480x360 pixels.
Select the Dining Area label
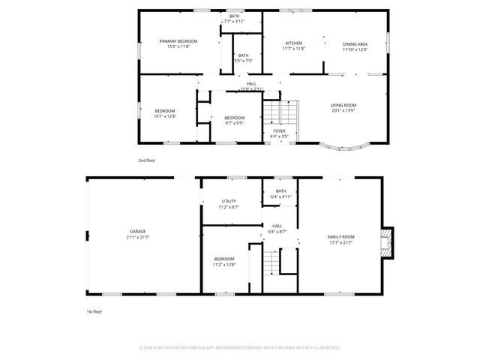point(355,43)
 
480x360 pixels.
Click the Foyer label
point(279,130)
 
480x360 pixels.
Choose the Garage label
point(137,231)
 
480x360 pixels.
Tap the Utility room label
point(229,201)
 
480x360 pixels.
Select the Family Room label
point(340,237)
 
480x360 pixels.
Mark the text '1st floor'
point(93,310)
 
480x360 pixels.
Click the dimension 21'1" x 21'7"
point(137,237)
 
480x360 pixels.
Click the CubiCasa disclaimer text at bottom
point(240,348)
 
